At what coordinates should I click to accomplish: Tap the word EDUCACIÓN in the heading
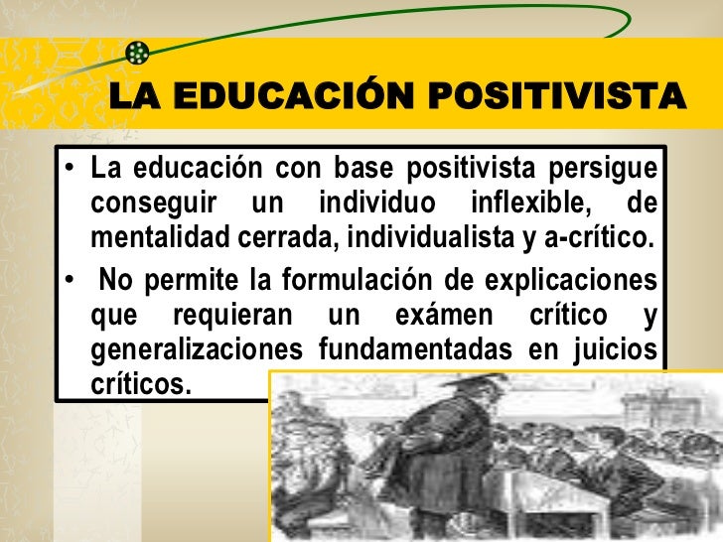coord(292,97)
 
